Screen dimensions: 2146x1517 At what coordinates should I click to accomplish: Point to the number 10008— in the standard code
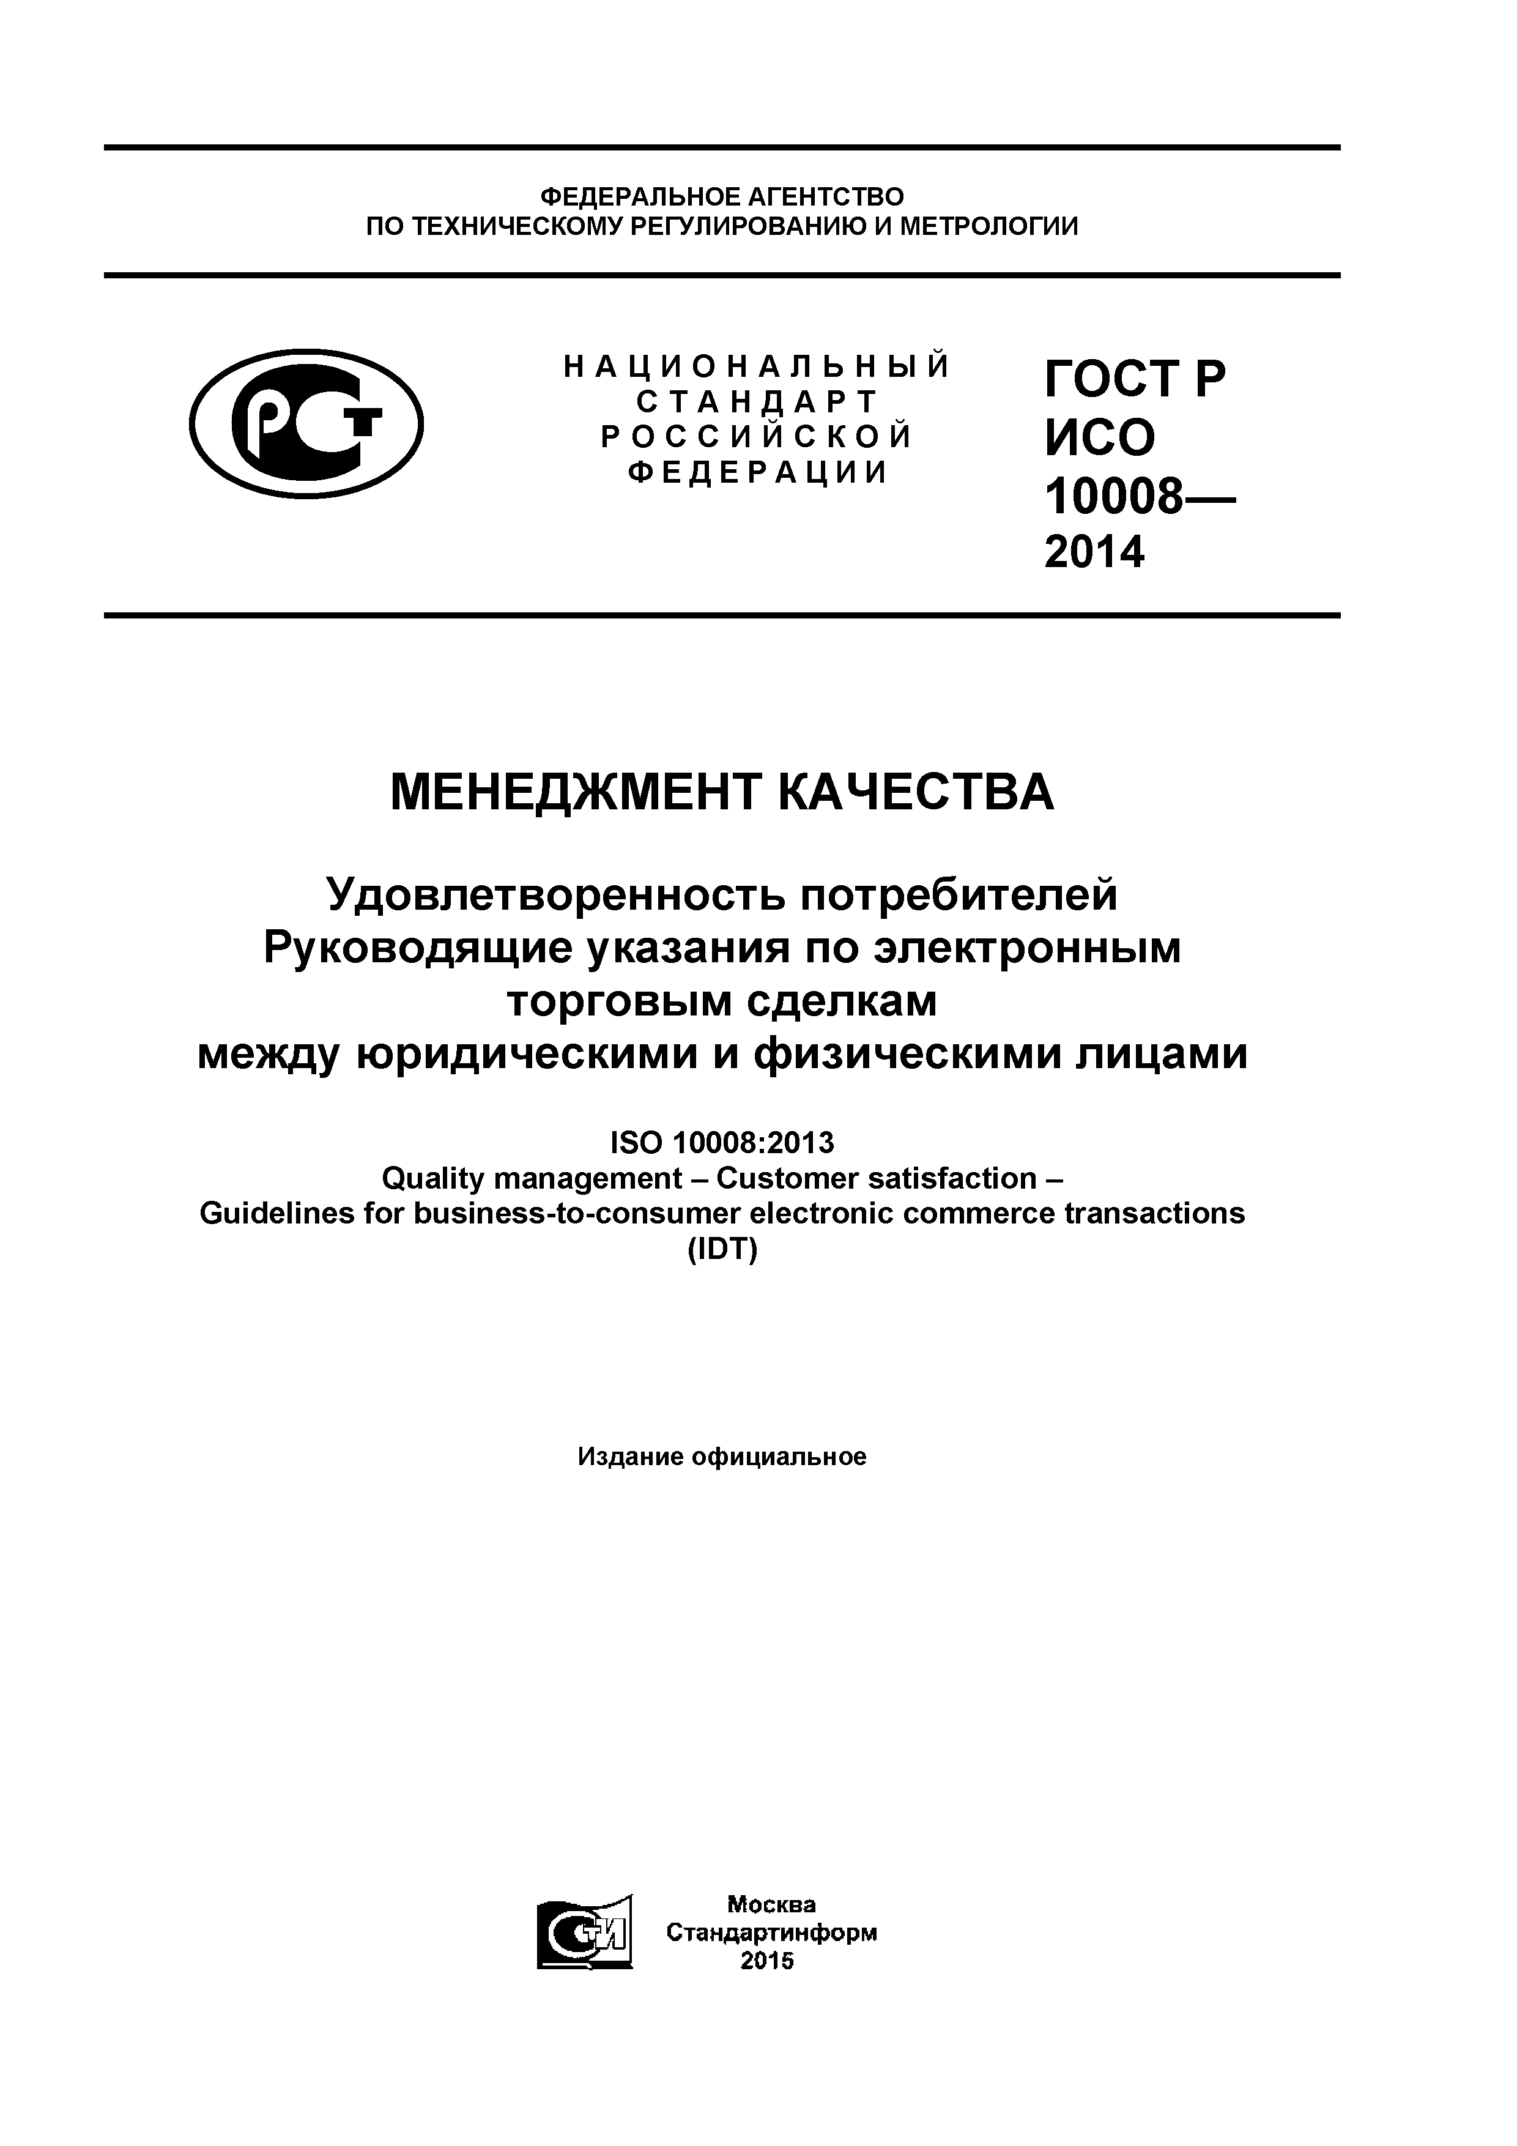pyautogui.click(x=1138, y=496)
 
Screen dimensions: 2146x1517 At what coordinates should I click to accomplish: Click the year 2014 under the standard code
pyautogui.click(x=1094, y=552)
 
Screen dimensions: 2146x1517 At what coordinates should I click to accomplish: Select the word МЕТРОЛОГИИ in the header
pyautogui.click(x=989, y=226)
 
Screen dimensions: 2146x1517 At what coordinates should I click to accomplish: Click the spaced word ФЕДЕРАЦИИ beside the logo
pyautogui.click(x=757, y=473)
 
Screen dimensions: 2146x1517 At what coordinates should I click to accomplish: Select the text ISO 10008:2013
pyautogui.click(x=722, y=1142)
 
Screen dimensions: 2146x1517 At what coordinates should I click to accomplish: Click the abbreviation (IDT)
pyautogui.click(x=722, y=1250)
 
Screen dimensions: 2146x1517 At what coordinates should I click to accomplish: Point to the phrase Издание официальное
pyautogui.click(x=722, y=1456)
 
